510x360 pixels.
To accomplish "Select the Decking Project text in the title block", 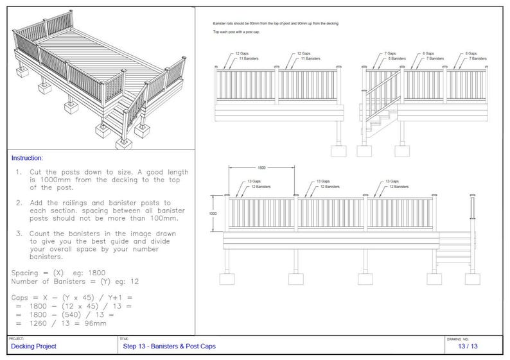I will click(33, 347).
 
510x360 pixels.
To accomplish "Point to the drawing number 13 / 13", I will click(467, 347).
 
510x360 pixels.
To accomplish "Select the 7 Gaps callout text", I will click(389, 54).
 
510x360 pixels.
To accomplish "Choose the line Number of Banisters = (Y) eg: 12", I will click(75, 281).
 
